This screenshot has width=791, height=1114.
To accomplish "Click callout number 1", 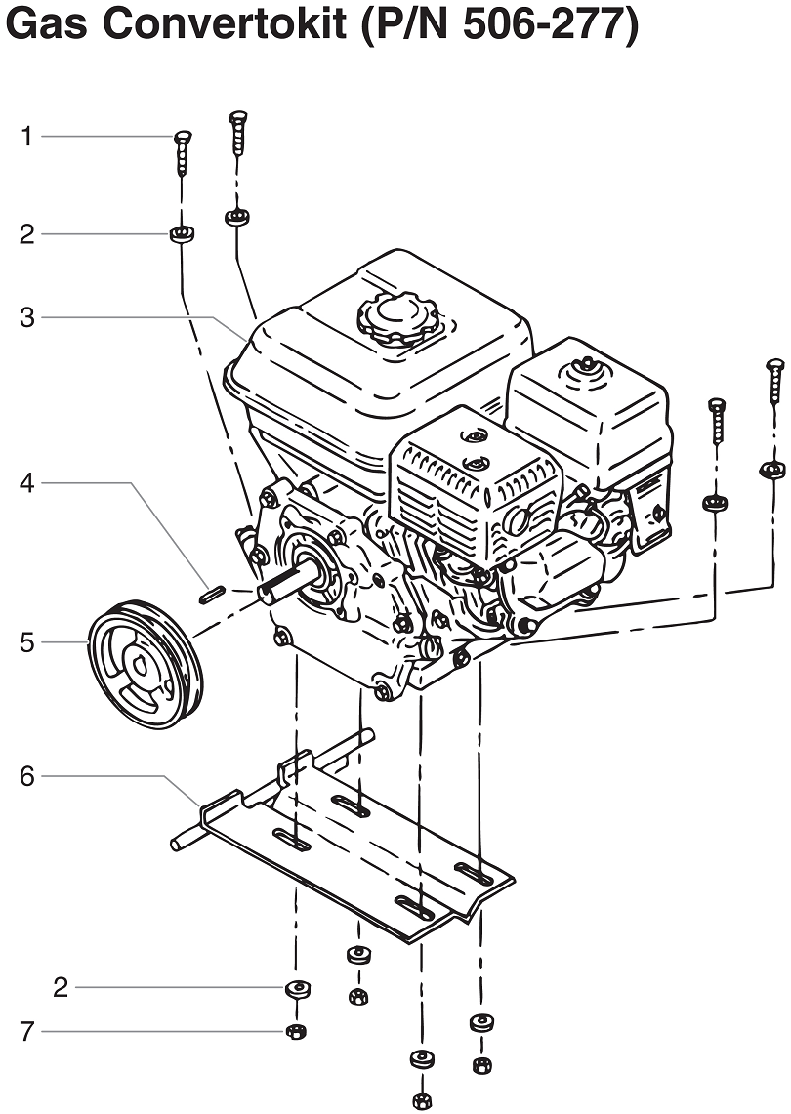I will click(x=27, y=137).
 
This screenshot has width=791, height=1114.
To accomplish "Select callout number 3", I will click(x=27, y=317).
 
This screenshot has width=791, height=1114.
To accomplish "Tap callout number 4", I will click(x=27, y=482).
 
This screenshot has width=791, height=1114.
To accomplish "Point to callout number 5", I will click(x=27, y=642).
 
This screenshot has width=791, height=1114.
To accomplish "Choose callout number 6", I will click(x=27, y=777).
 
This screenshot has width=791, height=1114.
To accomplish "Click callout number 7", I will click(x=27, y=1031).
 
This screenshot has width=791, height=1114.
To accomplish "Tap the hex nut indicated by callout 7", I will click(x=294, y=1032).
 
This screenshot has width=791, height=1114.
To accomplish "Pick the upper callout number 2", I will click(x=27, y=234).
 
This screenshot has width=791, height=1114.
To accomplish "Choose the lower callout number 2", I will click(x=61, y=988).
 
